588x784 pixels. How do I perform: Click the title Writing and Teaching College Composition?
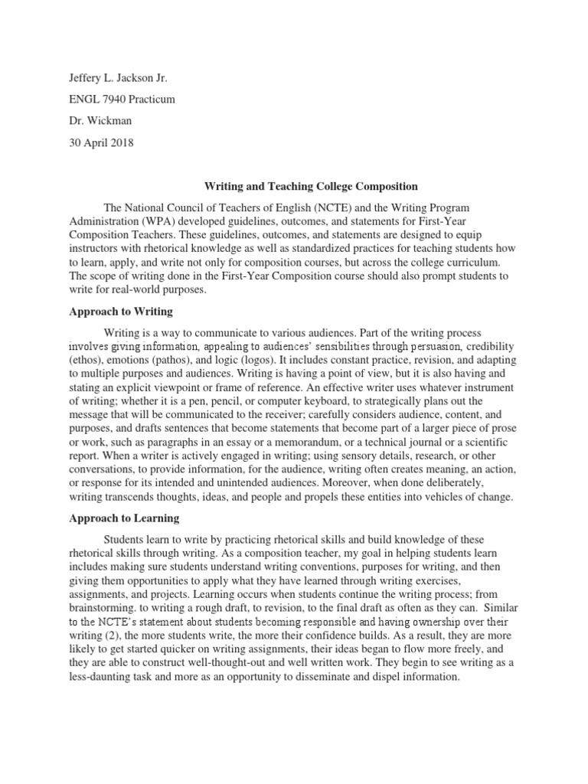(x=309, y=186)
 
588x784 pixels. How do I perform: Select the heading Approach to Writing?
(x=121, y=312)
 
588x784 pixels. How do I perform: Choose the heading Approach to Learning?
(x=123, y=518)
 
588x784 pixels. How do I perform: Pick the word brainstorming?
(x=105, y=609)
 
